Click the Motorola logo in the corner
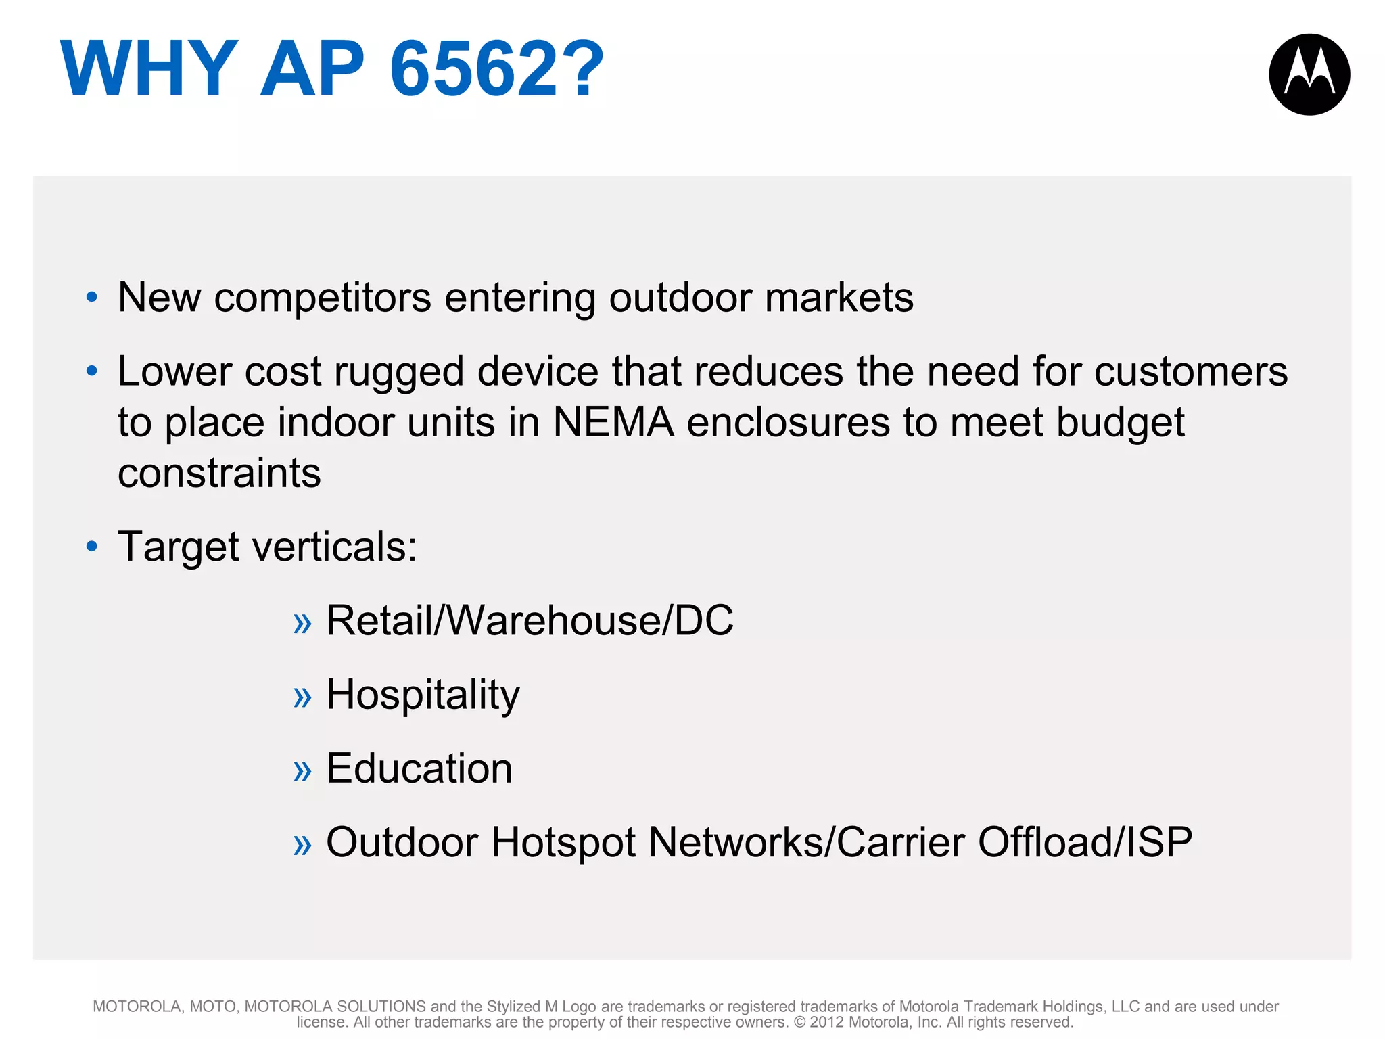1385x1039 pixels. pyautogui.click(x=1309, y=74)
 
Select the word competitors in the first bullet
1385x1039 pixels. pyautogui.click(x=323, y=298)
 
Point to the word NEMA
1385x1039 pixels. pyautogui.click(x=613, y=423)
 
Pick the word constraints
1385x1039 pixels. pyautogui.click(x=219, y=473)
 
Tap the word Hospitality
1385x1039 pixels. pyautogui.click(x=423, y=695)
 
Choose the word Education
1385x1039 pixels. pyautogui.click(x=419, y=769)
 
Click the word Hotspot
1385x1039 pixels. pyautogui.click(x=563, y=843)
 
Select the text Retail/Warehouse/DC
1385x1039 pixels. pyautogui.click(x=530, y=621)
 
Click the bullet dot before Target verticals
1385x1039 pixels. pyautogui.click(x=92, y=547)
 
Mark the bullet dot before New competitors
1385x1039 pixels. pyautogui.click(x=92, y=297)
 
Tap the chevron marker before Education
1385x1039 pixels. pyautogui.click(x=302, y=772)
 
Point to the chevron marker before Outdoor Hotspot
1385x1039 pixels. pyautogui.click(x=302, y=846)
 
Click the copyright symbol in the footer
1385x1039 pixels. pyautogui.click(x=799, y=1022)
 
